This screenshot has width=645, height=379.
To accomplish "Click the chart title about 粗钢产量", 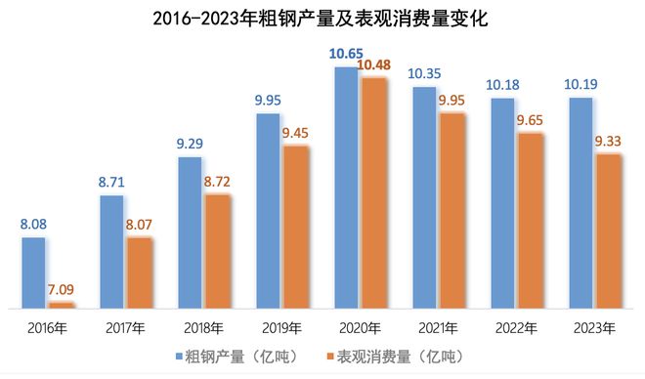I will coord(322,19).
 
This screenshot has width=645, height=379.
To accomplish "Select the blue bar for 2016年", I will coord(34,272).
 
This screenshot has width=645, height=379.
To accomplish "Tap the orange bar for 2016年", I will coord(62,305).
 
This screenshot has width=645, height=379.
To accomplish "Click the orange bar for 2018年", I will coord(218,251).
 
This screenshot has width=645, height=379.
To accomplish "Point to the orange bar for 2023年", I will coord(608,231).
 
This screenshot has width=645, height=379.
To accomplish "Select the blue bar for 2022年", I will coord(502,202).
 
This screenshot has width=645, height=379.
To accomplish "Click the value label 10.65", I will coord(346,55).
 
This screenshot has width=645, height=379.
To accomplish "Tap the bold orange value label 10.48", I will coord(374,65).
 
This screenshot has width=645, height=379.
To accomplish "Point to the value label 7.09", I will coord(63,289).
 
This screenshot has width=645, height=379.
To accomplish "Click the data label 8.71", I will coord(112,182).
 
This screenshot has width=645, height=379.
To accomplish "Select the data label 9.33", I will coord(609,141).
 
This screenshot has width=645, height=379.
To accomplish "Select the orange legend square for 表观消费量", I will coord(332,356).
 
